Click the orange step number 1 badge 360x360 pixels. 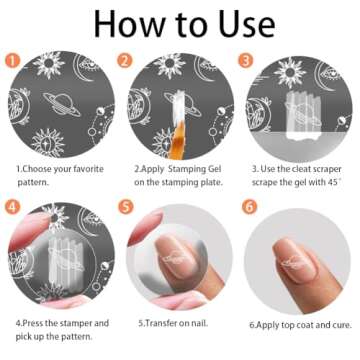coord(13,61)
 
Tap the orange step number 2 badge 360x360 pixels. coord(125,61)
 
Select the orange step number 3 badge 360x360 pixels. coord(246,61)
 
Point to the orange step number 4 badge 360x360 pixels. coord(13,207)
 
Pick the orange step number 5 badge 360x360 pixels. coord(126,207)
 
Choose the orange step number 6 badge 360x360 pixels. coord(249,207)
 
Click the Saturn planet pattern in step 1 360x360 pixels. coord(62,104)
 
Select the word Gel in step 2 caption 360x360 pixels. coord(214,169)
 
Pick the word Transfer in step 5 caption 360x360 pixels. coord(161,323)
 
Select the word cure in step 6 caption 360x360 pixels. coord(342,325)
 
